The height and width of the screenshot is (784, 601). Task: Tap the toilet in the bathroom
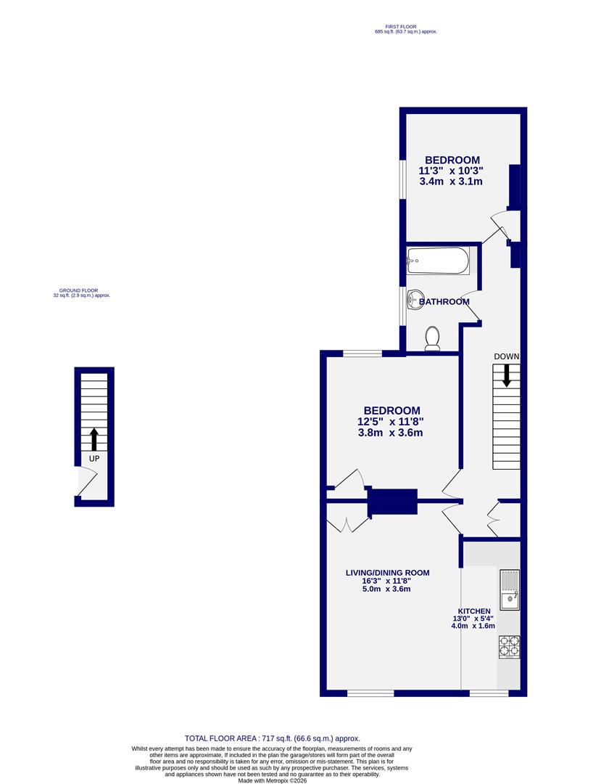click(x=432, y=339)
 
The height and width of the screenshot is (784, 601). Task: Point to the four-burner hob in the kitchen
click(x=509, y=647)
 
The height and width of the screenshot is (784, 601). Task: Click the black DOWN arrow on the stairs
click(x=506, y=374)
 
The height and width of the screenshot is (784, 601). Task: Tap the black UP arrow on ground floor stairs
click(x=94, y=438)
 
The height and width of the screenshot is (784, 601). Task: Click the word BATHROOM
click(x=443, y=301)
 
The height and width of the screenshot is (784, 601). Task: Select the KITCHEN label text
click(x=474, y=611)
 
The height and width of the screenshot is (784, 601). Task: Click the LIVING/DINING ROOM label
click(x=387, y=573)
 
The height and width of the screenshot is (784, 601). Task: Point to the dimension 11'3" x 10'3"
click(x=451, y=171)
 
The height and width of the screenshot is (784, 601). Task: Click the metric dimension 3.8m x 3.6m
click(x=390, y=433)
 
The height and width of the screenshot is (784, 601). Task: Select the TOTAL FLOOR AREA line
click(x=272, y=738)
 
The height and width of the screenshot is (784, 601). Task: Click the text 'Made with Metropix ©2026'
click(x=272, y=780)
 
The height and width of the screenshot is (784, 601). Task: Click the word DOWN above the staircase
click(x=506, y=356)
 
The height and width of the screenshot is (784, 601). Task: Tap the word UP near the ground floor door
click(x=94, y=459)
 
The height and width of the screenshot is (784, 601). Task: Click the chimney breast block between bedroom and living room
click(x=393, y=502)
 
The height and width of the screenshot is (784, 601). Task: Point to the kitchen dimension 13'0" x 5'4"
click(x=473, y=618)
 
